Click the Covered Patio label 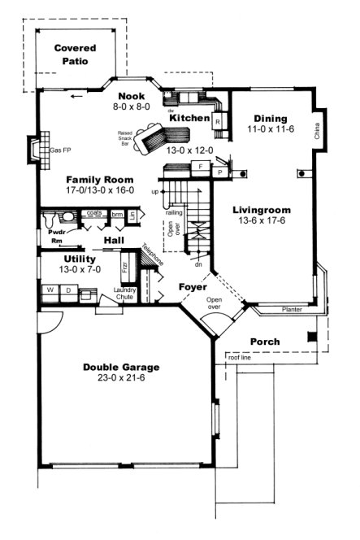pos(76,54)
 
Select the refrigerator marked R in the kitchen pos(218,121)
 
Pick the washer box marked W pos(50,290)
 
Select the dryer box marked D pos(68,290)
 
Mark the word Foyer pos(193,287)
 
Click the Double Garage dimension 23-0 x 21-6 pos(120,379)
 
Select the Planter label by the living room pos(293,310)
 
